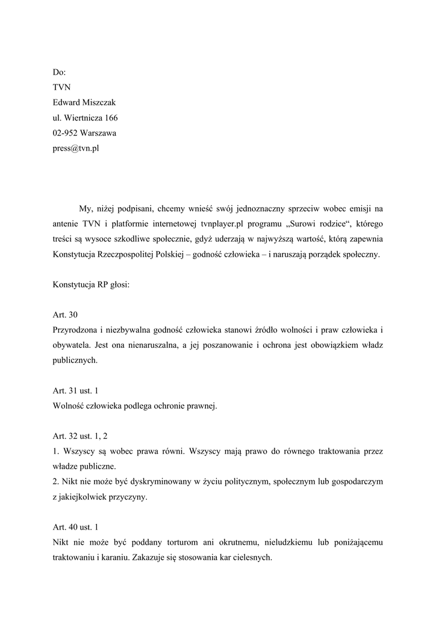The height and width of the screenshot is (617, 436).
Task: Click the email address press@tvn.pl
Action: tap(75, 149)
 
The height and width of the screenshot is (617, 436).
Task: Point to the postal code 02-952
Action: tap(65, 133)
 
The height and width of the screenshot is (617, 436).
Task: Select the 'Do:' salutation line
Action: tap(60, 71)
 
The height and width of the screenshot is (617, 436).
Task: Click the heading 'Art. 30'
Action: tap(66, 315)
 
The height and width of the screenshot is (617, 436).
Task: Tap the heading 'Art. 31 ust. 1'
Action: tap(76, 390)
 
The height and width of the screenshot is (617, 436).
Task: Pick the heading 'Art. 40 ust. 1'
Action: tap(76, 527)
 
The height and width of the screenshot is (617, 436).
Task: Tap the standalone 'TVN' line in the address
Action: tap(62, 87)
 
